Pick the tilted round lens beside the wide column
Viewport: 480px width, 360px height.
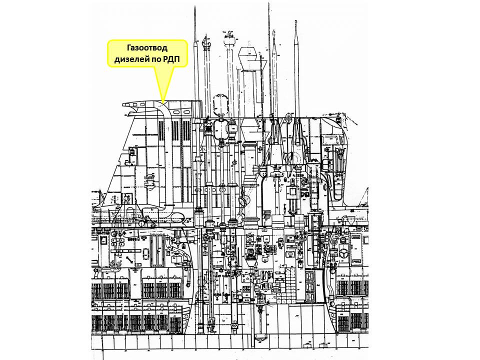[x=243, y=201]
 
